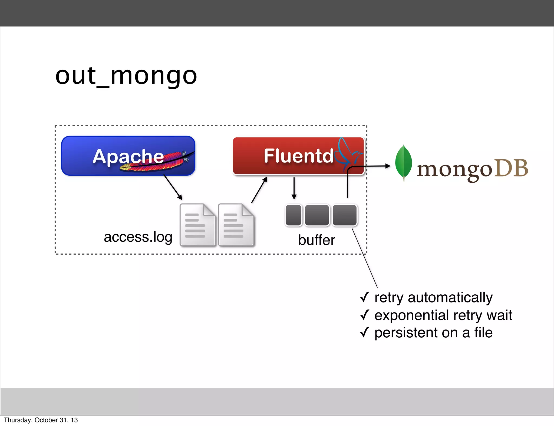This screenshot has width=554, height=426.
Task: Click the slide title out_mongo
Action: point(126,76)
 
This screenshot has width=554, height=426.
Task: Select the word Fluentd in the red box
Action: point(298,156)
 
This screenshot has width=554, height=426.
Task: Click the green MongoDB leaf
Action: point(403,162)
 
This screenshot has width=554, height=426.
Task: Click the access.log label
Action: point(138,237)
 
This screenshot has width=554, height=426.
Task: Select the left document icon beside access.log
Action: point(197,225)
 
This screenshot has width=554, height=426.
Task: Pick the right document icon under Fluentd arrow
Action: point(236,225)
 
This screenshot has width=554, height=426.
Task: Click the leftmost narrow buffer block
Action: point(294,215)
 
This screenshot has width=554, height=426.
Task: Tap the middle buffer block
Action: point(317,215)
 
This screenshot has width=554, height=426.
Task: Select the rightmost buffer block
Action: point(345,215)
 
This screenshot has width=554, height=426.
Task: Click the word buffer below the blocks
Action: point(316,240)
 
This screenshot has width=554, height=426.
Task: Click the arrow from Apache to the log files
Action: point(173,188)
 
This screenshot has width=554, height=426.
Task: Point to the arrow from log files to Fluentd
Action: point(259,190)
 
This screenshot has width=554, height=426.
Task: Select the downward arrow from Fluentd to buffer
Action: point(294,188)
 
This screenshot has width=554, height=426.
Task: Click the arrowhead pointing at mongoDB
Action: point(388,166)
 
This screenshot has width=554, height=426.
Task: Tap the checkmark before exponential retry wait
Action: point(365,315)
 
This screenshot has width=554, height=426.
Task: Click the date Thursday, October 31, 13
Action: point(41,420)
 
